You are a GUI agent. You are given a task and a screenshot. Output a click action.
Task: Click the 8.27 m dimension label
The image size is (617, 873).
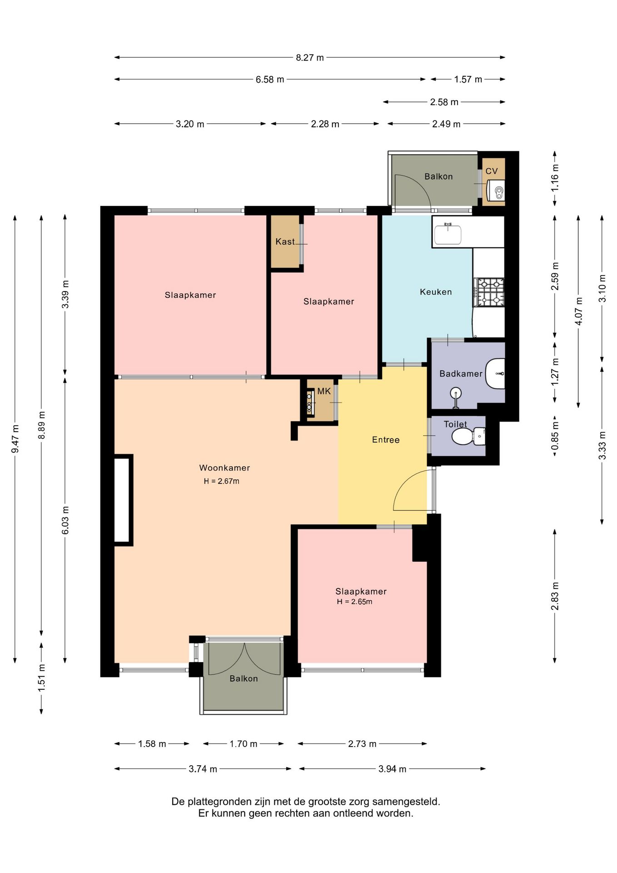click(310, 58)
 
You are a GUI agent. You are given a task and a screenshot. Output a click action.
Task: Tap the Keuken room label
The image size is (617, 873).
click(436, 292)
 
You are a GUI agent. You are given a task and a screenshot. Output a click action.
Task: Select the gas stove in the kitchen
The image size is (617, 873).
click(489, 292)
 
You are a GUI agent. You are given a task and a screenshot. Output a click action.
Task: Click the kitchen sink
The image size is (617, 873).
click(448, 234)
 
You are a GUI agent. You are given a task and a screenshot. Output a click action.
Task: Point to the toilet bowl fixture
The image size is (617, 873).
click(468, 436)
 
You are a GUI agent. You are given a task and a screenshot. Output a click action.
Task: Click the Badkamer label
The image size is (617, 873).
click(461, 374)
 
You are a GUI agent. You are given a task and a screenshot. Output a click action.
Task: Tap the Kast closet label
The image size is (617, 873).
click(285, 241)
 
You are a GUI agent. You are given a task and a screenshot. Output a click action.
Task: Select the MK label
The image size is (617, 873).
click(324, 391)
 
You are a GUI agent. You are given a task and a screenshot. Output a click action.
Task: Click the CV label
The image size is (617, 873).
click(492, 171)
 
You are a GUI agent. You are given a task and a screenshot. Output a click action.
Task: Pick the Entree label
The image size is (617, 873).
click(386, 440)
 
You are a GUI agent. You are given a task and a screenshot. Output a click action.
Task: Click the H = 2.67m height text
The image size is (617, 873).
click(221, 481)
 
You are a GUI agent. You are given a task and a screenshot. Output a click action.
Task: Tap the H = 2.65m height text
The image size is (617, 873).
click(354, 602)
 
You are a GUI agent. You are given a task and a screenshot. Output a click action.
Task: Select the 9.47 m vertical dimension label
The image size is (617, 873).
click(15, 439)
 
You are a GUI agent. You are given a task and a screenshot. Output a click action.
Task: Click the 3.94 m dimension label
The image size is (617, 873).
click(392, 769)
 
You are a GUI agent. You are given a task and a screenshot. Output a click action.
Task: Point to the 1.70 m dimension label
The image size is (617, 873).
click(244, 744)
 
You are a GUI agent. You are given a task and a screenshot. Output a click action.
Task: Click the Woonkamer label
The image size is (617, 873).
click(224, 468)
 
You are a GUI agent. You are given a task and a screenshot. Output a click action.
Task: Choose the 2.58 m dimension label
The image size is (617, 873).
click(444, 102)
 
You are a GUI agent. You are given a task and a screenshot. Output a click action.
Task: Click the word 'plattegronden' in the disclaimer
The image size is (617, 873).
click(219, 801)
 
